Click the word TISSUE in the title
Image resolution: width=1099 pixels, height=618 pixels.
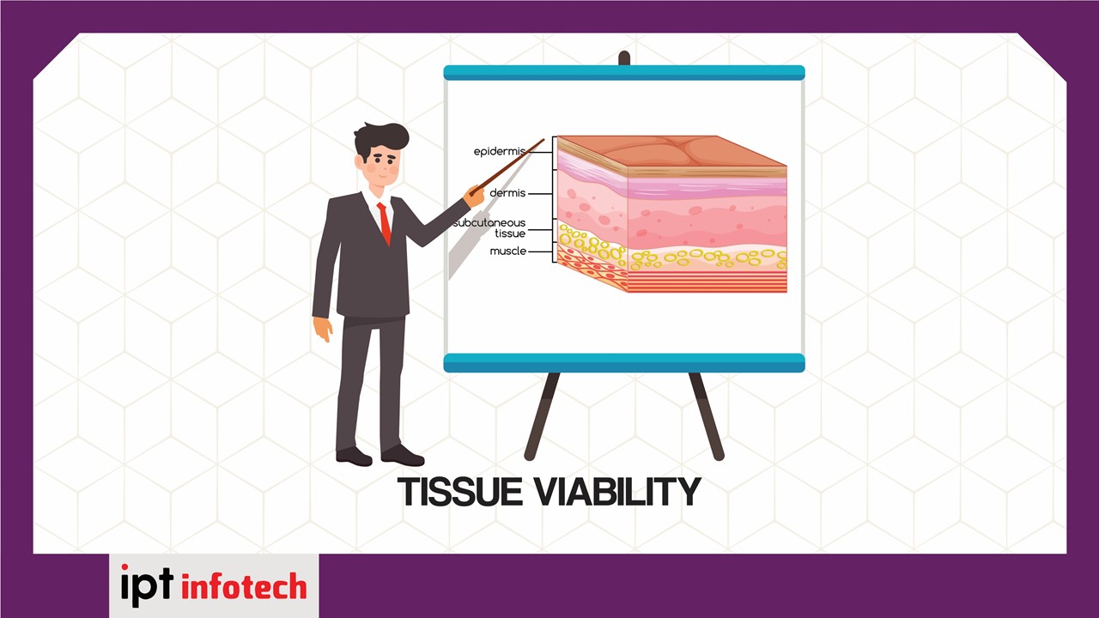(460, 492)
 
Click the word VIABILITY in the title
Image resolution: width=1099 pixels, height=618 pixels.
(617, 492)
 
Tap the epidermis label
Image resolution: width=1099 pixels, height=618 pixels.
(500, 152)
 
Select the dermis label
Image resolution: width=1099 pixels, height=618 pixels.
(507, 193)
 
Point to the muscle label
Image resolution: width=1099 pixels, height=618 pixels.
(507, 251)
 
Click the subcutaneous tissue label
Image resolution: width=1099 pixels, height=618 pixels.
(489, 228)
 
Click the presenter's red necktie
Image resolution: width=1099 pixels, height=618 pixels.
(385, 223)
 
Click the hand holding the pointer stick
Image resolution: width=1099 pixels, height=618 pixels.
(475, 195)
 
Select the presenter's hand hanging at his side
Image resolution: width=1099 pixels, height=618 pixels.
(323, 329)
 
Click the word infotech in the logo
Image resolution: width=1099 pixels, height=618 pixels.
(244, 585)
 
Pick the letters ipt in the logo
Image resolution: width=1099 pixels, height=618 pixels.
(147, 585)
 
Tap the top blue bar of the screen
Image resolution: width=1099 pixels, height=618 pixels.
(624, 73)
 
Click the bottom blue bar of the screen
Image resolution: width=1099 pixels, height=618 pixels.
(624, 363)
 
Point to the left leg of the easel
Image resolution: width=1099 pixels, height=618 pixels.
(542, 416)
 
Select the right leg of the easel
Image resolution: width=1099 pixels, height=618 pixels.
(707, 416)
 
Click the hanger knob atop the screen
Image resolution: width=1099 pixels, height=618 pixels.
(624, 58)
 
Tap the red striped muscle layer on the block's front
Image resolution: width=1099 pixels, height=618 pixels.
(707, 282)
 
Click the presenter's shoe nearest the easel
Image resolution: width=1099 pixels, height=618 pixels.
(403, 456)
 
